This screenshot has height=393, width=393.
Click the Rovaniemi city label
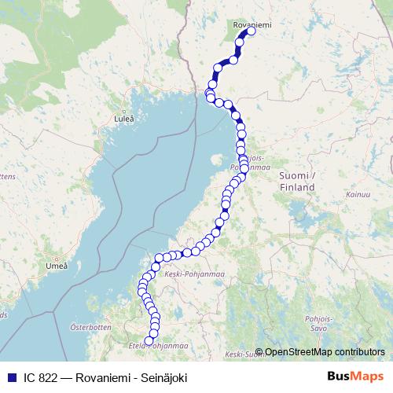pyautogui.click(x=252, y=25)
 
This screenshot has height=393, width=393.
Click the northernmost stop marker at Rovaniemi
pyautogui.click(x=252, y=32)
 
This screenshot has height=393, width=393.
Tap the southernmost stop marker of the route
pyautogui.click(x=149, y=340)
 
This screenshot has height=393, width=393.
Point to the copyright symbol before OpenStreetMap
pyautogui.click(x=259, y=351)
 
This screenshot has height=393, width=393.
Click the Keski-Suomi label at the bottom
pyautogui.click(x=241, y=355)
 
